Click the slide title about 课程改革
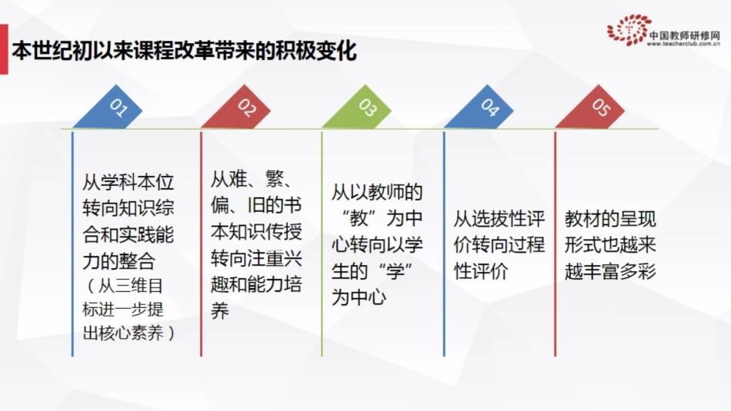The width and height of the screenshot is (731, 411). click(x=184, y=51)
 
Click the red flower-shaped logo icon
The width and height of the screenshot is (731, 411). click(x=629, y=30)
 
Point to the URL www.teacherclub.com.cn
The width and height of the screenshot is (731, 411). click(x=683, y=44)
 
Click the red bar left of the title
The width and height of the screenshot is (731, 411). click(x=4, y=51)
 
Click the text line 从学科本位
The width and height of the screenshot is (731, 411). click(x=129, y=183)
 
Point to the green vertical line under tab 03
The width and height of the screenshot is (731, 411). click(x=322, y=246)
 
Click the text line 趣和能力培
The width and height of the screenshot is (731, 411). click(x=256, y=285)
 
